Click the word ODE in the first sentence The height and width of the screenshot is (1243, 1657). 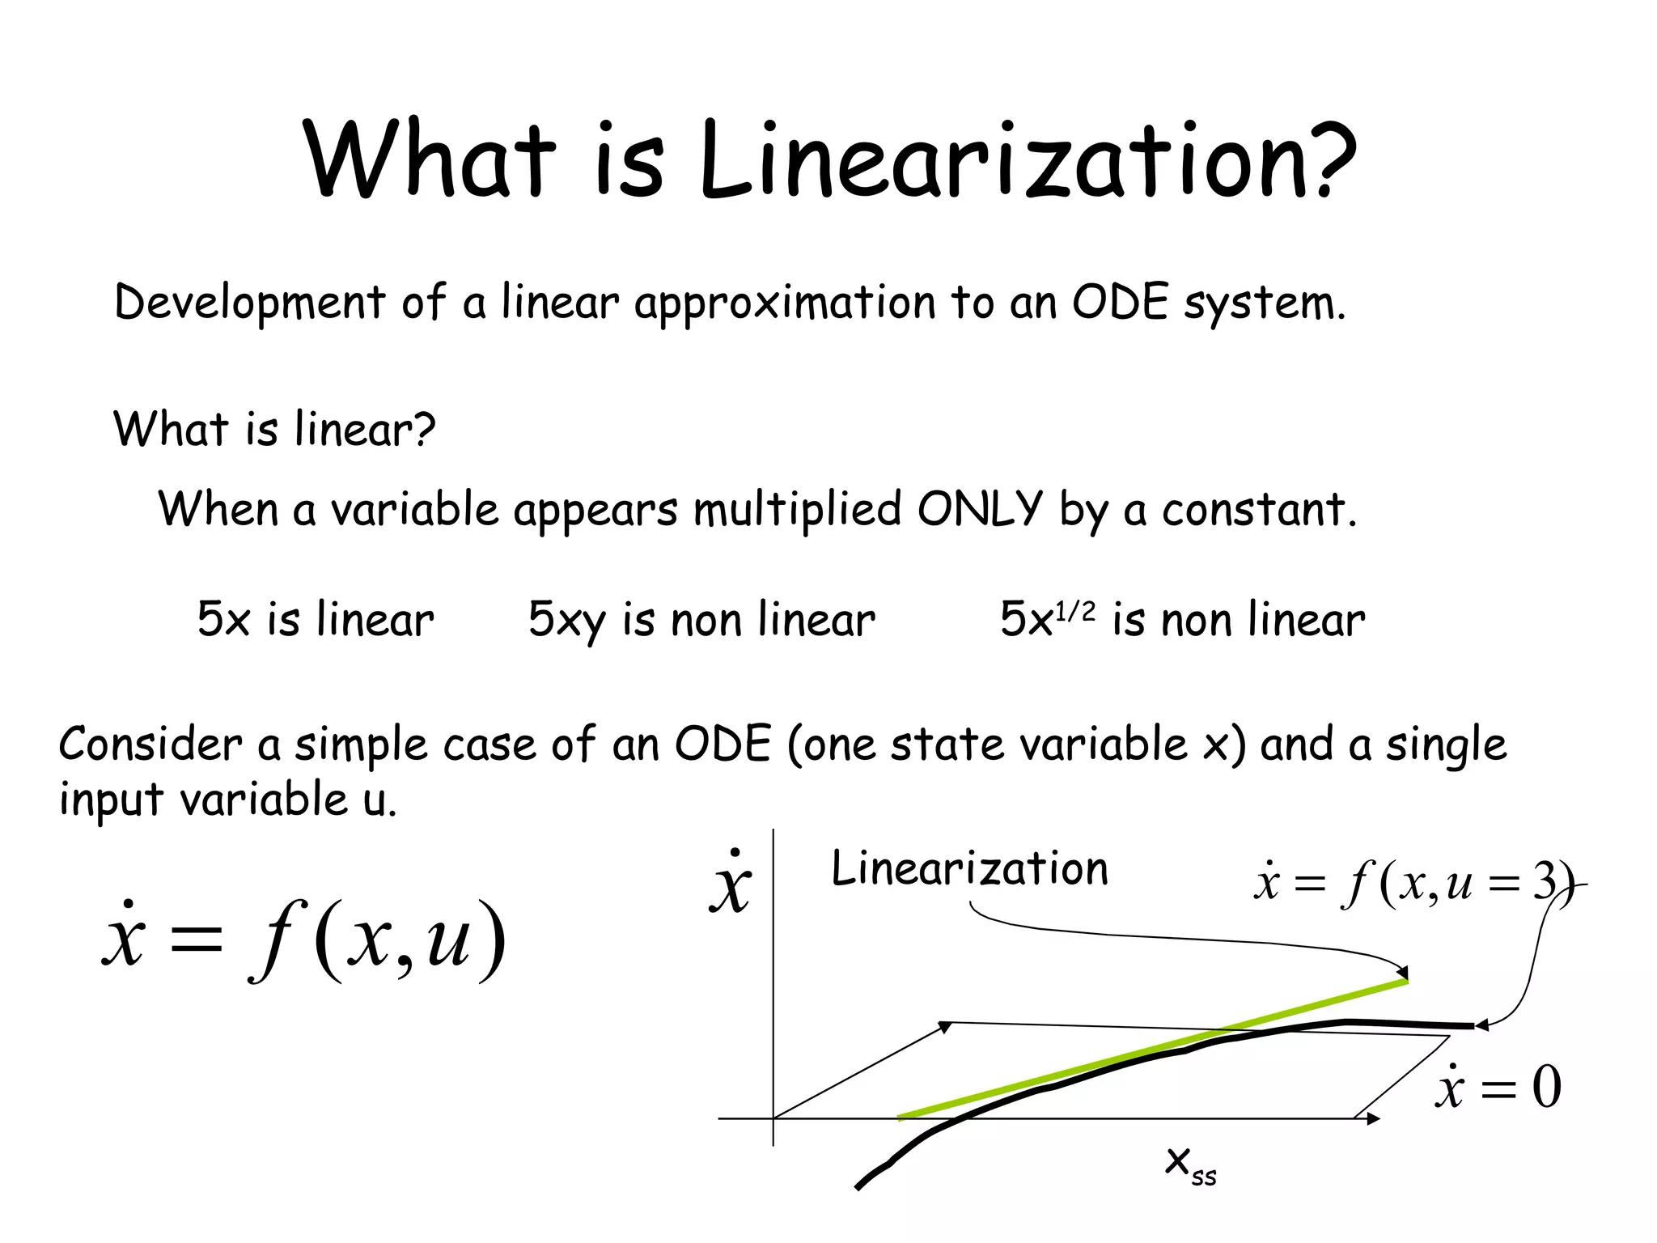click(x=1120, y=302)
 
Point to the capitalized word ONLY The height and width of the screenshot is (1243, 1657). click(x=980, y=510)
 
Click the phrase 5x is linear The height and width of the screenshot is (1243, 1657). click(x=316, y=620)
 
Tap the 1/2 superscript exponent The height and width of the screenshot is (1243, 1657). click(x=1076, y=610)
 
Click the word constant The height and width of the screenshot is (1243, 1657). click(x=1258, y=511)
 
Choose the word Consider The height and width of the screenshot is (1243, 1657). click(x=150, y=744)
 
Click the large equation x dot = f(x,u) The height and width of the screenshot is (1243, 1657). click(x=303, y=940)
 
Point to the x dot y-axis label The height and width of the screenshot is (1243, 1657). click(x=731, y=885)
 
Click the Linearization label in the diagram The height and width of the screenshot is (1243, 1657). click(x=969, y=869)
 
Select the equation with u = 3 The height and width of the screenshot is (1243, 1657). click(x=1413, y=882)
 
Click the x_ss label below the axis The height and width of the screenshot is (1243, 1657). click(x=1190, y=1164)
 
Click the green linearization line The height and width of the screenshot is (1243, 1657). click(x=1149, y=1050)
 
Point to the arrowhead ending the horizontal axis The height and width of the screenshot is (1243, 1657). click(x=1372, y=1118)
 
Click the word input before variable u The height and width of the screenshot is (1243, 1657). click(x=112, y=800)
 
